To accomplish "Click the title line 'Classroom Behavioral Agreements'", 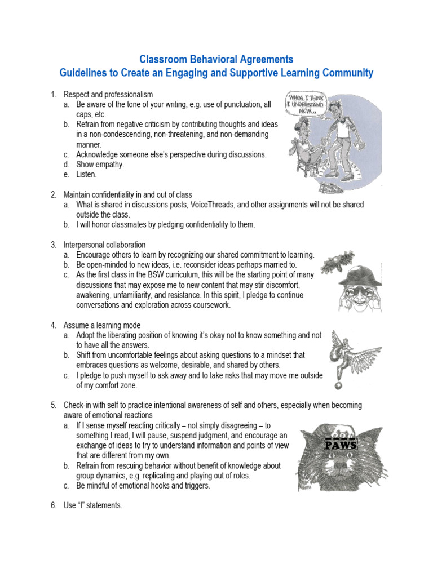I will click(x=216, y=59).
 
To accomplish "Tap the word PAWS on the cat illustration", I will click(x=340, y=445).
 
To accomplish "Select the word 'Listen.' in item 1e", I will click(x=87, y=175).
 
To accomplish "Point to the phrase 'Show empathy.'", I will click(x=100, y=165).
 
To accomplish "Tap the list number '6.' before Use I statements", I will click(x=54, y=505).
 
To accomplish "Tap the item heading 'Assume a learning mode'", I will click(x=102, y=325).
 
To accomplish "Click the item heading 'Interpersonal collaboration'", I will click(x=104, y=245).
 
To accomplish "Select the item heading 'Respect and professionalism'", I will click(x=108, y=94).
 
